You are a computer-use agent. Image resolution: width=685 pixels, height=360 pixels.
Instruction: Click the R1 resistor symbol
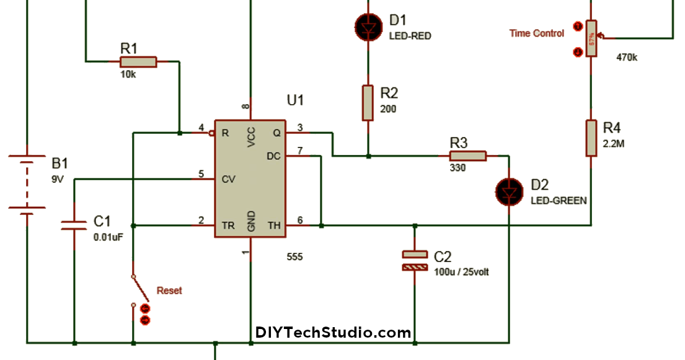(138, 61)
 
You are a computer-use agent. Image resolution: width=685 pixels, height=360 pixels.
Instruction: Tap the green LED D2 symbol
(509, 192)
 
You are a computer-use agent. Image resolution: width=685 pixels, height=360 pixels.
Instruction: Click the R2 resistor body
(368, 103)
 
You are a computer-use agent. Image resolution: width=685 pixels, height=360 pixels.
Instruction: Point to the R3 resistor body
(468, 156)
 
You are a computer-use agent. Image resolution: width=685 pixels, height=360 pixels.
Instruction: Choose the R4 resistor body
(591, 138)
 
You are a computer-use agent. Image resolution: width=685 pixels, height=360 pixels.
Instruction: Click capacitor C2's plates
(414, 260)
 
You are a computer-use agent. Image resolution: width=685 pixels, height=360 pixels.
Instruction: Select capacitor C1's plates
(74, 224)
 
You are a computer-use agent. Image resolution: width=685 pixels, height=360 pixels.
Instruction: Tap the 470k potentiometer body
(591, 38)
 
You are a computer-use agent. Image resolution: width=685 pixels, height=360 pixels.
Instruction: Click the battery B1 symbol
(27, 184)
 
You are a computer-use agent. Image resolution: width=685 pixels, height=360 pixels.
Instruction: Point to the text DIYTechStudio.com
(333, 333)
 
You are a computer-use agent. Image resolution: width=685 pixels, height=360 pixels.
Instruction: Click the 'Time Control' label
(537, 33)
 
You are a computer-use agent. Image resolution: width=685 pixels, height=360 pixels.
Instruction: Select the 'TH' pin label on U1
(273, 226)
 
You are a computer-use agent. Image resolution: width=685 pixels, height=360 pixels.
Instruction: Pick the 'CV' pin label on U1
(228, 179)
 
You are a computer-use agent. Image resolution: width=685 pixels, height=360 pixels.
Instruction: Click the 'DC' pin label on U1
(273, 156)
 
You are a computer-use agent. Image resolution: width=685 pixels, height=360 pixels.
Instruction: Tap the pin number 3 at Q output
(299, 128)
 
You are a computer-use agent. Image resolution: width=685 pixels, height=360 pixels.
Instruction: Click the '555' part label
(295, 257)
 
